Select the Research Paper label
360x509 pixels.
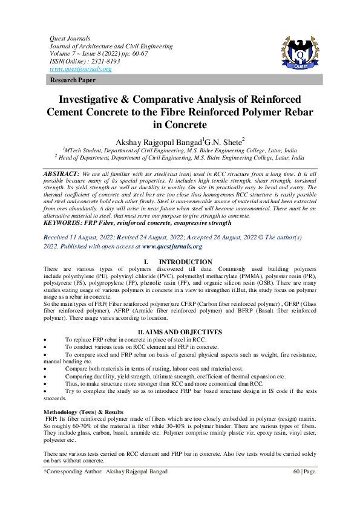click(69, 80)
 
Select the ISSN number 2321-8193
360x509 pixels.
click(103, 61)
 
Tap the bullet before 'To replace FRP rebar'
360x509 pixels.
click(47, 340)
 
